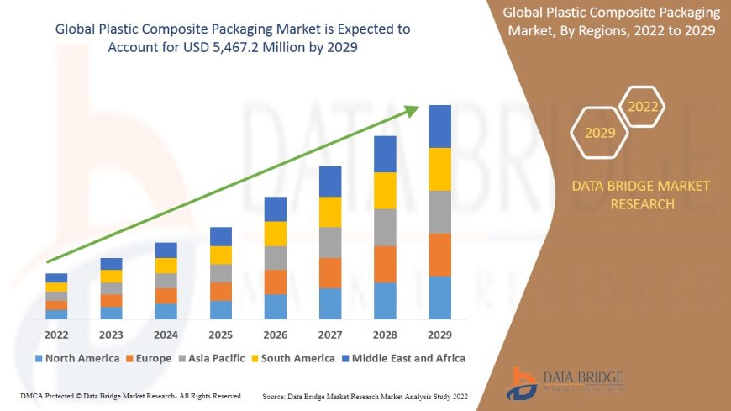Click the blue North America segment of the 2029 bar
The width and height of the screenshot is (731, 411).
440,298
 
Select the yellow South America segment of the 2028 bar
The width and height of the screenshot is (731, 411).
386,191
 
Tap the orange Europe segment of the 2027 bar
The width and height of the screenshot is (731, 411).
330,272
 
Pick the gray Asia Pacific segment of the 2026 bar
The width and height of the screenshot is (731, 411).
276,257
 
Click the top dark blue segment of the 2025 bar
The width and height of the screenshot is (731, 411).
221,236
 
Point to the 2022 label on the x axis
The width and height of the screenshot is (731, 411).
56,335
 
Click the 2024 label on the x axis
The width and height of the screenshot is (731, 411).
166,335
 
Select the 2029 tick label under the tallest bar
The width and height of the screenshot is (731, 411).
440,335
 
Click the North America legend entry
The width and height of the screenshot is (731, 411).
76,358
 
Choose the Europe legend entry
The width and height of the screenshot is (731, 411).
150,358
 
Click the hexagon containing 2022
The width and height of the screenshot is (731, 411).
643,107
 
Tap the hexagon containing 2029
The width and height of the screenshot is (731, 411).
600,133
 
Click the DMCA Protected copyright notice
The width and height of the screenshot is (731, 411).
130,396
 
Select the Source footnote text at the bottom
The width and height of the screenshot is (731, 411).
365,396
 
